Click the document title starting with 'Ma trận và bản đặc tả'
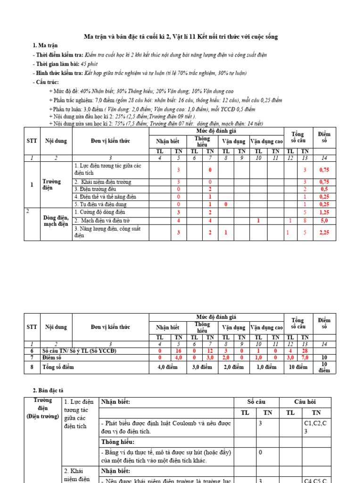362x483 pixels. click(181, 36)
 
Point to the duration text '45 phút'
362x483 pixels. click(89, 64)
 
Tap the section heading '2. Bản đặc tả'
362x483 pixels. click(48, 391)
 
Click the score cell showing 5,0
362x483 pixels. click(324, 220)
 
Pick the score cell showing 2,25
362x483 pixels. click(324, 232)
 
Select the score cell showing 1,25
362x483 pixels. click(324, 212)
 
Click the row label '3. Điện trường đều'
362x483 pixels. click(95, 189)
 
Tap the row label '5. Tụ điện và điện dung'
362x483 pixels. click(100, 204)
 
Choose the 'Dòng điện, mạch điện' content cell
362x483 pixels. click(56, 220)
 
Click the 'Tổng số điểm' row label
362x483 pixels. click(58, 366)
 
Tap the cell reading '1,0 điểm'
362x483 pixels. click(266, 366)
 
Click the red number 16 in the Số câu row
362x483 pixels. click(178, 351)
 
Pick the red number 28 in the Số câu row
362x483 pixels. click(304, 351)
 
